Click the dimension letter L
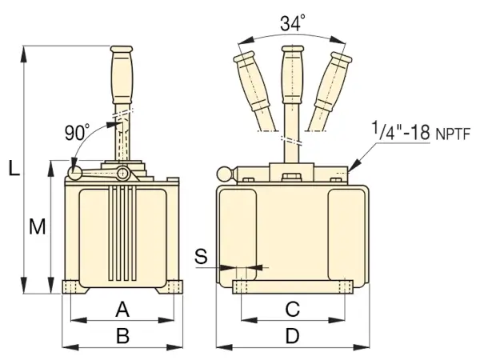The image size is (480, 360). click(x=14, y=168)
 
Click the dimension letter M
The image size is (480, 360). click(x=37, y=227)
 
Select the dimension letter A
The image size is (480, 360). click(x=122, y=308)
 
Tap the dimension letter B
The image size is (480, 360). click(x=122, y=336)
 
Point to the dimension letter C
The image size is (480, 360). click(x=292, y=308)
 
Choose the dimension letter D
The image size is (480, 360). click(x=292, y=336)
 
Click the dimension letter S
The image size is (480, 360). click(x=202, y=256)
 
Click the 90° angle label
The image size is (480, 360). click(x=77, y=133)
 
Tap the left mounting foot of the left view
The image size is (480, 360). click(x=70, y=286)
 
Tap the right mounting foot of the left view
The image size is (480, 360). click(x=175, y=286)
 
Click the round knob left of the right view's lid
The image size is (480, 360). click(x=225, y=172)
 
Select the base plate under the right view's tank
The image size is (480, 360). click(x=292, y=286)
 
